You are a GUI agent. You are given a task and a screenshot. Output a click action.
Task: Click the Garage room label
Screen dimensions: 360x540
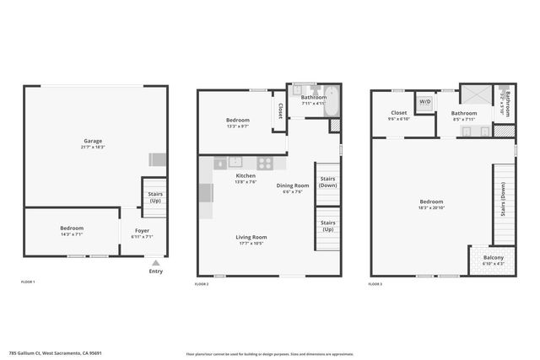[93, 141]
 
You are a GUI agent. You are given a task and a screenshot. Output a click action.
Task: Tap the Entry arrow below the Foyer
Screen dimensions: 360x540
[155, 263]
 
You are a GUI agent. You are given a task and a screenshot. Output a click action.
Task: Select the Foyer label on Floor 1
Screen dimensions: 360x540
[142, 228]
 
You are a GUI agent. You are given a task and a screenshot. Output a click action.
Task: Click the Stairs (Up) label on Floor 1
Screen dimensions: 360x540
[155, 197]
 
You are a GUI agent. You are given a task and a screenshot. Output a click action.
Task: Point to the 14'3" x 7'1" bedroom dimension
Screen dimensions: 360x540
[72, 235]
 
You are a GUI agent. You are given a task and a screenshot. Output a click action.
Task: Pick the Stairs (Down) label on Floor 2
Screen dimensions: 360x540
[327, 182]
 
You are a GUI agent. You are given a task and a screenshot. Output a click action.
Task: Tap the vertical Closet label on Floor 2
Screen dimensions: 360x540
[280, 111]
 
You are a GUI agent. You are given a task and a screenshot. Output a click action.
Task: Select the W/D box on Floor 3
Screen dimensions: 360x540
[425, 103]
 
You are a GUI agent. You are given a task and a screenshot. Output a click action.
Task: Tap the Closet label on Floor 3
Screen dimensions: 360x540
[399, 113]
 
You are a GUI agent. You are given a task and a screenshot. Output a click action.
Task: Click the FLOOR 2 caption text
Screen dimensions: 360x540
[202, 284]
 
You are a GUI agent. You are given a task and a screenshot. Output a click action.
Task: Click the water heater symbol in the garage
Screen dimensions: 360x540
[157, 159]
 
